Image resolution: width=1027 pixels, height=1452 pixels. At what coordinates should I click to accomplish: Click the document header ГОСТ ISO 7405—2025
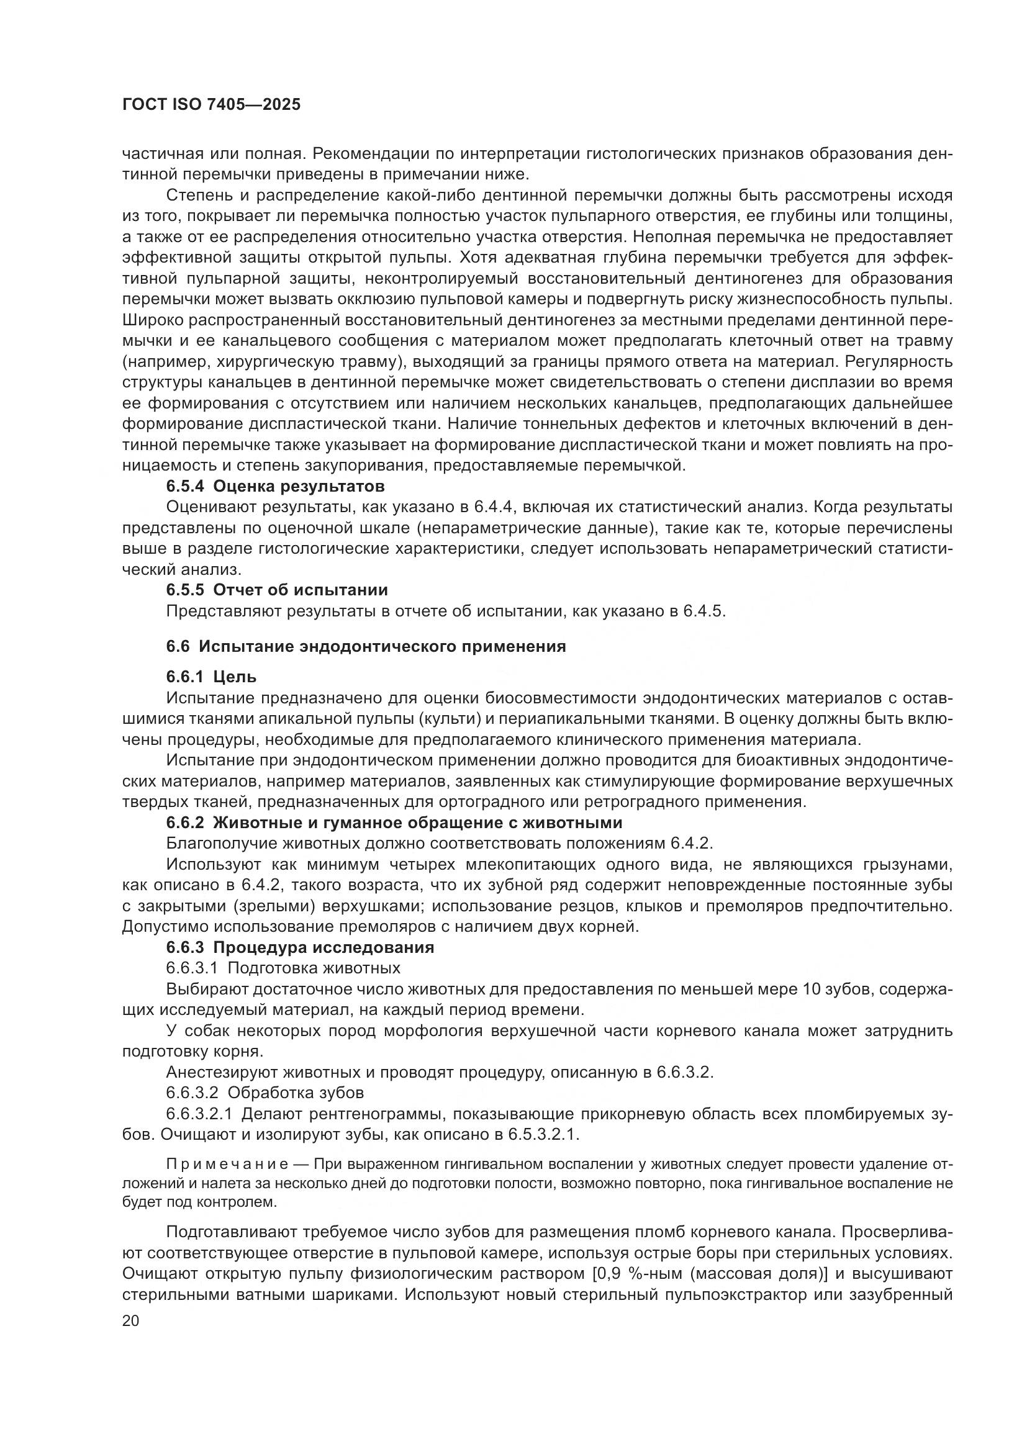click(x=211, y=105)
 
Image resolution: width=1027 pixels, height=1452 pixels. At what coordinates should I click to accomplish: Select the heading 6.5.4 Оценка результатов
click(x=275, y=487)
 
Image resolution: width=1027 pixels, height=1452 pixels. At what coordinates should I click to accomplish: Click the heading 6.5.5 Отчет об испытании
click(x=277, y=590)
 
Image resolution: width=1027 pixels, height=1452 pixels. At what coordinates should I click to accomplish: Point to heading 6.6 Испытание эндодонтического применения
click(x=366, y=647)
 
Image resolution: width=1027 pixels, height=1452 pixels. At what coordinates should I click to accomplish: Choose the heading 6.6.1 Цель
click(x=211, y=677)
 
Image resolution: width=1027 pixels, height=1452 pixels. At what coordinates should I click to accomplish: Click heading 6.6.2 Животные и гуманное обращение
click(x=394, y=823)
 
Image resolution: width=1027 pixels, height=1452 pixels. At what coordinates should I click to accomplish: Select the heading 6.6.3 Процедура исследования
click(x=300, y=947)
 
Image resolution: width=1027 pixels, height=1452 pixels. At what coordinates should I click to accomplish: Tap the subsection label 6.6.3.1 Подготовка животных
click(x=283, y=968)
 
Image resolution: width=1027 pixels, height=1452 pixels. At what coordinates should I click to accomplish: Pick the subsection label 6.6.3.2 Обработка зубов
click(x=265, y=1093)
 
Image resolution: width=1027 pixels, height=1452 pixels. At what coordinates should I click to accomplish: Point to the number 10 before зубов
click(x=812, y=989)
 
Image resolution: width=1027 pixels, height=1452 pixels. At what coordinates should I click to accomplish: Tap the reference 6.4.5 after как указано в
click(x=703, y=611)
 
